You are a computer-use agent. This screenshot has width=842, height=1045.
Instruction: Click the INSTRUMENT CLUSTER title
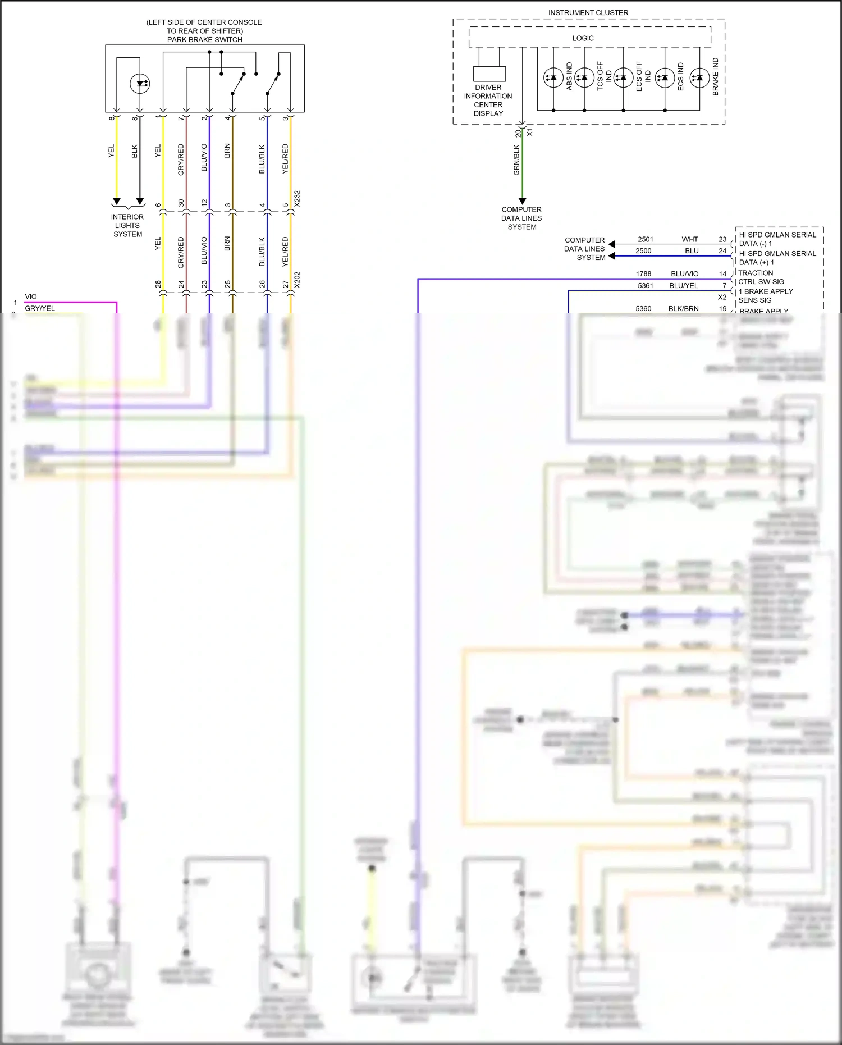(x=588, y=12)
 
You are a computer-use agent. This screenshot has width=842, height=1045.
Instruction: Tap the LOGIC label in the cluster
(x=583, y=38)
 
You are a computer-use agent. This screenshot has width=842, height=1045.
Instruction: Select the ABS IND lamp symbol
(x=553, y=77)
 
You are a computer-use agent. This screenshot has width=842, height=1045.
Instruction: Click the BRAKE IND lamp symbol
(x=699, y=77)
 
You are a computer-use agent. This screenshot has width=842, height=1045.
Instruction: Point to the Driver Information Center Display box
(x=489, y=74)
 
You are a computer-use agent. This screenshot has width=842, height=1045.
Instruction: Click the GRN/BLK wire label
(x=516, y=160)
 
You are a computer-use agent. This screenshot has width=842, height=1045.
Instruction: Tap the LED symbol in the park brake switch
(x=140, y=84)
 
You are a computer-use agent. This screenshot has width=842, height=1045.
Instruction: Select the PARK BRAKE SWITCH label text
(x=204, y=39)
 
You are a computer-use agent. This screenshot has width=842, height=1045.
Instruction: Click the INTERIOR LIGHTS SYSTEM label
(x=127, y=225)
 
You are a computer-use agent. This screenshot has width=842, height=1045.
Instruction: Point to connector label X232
(x=297, y=198)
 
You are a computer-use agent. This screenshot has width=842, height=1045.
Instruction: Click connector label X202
(x=297, y=280)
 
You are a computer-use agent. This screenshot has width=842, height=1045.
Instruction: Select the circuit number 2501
(x=646, y=239)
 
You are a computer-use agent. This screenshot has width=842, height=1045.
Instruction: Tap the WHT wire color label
(x=690, y=239)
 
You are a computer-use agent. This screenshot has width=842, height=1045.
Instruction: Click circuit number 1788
(x=643, y=274)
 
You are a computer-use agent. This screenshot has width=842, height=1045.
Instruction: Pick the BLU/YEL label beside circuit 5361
(x=684, y=286)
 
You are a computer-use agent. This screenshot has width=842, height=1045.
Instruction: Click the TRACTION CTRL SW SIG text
(x=761, y=277)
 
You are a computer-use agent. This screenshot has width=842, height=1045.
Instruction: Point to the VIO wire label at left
(x=31, y=296)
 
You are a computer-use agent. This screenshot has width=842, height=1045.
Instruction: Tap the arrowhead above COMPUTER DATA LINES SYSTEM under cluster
(x=522, y=200)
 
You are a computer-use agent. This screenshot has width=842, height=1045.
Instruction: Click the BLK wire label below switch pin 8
(x=134, y=152)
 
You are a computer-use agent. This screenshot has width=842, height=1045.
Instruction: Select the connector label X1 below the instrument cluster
(x=530, y=133)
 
